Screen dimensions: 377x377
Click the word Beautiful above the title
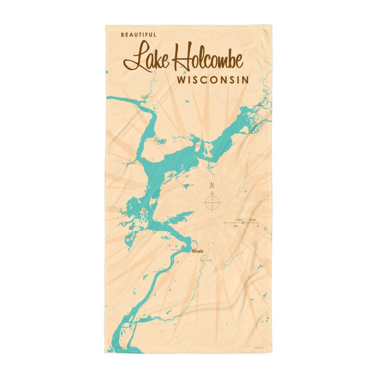pos(139,35)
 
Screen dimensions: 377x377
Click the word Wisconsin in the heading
pos(213,80)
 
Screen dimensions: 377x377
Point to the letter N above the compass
pos(212,185)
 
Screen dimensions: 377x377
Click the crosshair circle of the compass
pos(212,202)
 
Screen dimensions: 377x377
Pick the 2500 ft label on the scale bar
pos(239,220)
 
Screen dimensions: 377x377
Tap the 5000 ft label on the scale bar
pos(253,220)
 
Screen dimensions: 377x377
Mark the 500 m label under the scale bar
pos(236,226)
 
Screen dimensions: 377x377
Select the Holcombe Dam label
pos(175,251)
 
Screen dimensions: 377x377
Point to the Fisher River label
pos(206,260)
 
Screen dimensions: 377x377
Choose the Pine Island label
pos(198,145)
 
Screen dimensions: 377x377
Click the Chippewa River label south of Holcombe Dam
pos(161,271)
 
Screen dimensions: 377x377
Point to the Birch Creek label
pos(124,212)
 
